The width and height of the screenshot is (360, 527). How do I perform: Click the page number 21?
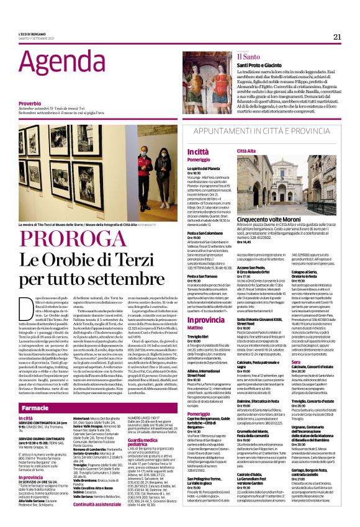point(337,37)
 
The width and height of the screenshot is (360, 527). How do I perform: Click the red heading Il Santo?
point(248,57)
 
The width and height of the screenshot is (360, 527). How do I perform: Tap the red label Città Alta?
point(246,151)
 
